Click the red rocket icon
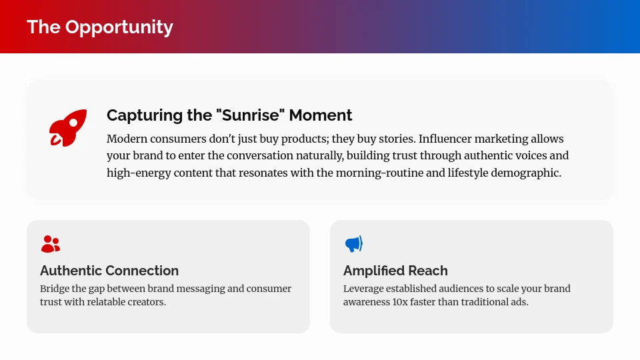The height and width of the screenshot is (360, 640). point(67,127)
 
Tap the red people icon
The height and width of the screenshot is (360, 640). point(51,244)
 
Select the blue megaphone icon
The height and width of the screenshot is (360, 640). point(353,244)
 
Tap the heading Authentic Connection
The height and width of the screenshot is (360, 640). point(109,271)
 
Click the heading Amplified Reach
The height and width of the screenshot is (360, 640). point(395,271)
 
